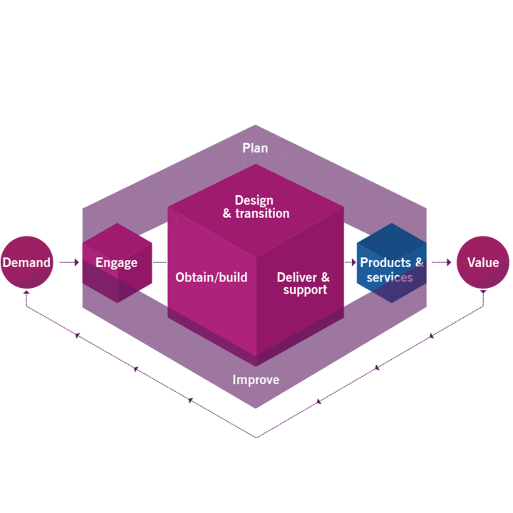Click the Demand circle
pos(26,262)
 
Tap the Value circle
pos(483,262)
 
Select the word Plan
pos(255,148)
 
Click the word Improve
pos(256,380)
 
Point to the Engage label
pos(116,263)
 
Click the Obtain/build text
pos(212,277)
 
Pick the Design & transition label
pos(255,207)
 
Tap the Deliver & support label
pos(304,283)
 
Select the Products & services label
pos(391,269)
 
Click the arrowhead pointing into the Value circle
pos(449,263)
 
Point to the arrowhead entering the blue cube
pos(353,263)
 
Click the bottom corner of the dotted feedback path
pos(256,437)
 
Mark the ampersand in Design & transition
pos(227,214)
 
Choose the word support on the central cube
pos(305,290)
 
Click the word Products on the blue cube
pos(385,262)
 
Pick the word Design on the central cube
pos(254,200)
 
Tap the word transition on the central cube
pos(261,214)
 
